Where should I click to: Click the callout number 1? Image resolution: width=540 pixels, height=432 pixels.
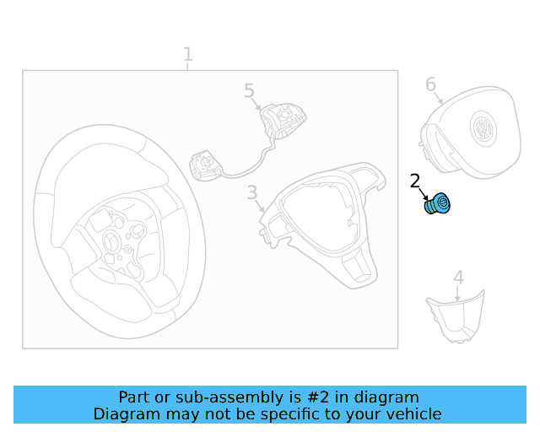point(187,55)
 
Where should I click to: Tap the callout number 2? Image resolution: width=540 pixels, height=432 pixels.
point(414,181)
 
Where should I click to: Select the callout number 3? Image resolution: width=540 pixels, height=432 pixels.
point(251,193)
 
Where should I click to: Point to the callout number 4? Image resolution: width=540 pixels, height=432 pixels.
point(458,278)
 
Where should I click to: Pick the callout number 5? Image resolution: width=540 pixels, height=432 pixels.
point(248,90)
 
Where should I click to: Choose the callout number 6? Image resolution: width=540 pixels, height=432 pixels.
point(430,84)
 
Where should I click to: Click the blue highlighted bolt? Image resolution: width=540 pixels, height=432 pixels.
point(437,204)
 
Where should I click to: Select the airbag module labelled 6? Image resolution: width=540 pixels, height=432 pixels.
point(464,139)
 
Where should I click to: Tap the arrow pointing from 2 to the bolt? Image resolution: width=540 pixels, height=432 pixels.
point(423,192)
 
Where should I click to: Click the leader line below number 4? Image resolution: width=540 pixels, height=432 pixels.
point(458,293)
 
